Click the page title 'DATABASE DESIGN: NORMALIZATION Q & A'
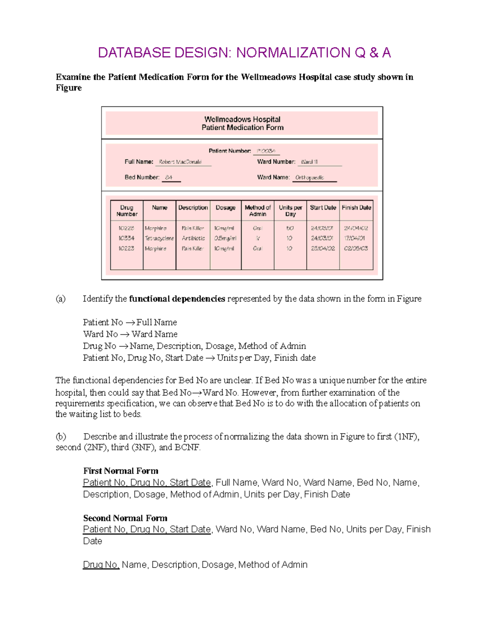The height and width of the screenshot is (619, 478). (x=244, y=53)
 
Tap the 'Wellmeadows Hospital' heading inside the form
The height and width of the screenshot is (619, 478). (x=242, y=119)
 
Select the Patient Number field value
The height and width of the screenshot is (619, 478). (x=266, y=151)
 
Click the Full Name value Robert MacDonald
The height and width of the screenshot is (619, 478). (x=180, y=162)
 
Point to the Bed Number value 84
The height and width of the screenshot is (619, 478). (x=169, y=177)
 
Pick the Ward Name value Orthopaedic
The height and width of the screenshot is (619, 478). (x=310, y=177)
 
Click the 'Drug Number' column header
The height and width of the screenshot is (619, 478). (x=127, y=210)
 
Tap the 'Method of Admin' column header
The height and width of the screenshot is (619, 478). (x=258, y=210)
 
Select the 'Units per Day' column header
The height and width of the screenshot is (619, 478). (x=290, y=210)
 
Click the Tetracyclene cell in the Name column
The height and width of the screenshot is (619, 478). (x=159, y=238)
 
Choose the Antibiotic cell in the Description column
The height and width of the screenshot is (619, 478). (x=193, y=238)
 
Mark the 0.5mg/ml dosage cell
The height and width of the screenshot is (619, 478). (x=225, y=238)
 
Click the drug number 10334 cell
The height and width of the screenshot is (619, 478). (x=126, y=238)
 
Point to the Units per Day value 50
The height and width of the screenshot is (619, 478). (x=290, y=228)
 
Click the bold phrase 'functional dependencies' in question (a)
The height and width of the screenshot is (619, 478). (x=177, y=299)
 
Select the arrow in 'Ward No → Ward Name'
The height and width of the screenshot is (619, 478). (x=125, y=334)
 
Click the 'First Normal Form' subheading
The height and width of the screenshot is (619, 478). (x=121, y=471)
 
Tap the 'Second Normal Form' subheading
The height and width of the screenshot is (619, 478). (x=125, y=518)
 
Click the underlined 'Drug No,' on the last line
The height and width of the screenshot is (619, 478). (x=101, y=564)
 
